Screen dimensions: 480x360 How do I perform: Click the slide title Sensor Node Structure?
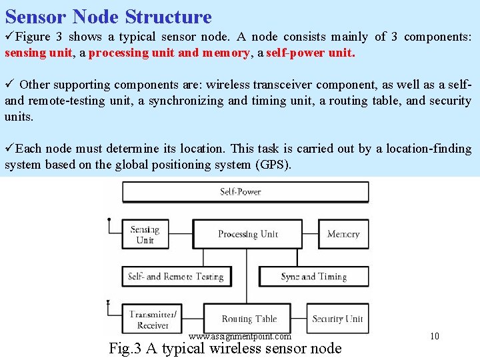(108, 17)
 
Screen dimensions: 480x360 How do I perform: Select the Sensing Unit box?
(145, 235)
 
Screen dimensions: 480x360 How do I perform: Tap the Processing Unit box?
(247, 234)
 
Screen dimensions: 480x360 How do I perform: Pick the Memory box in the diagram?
(343, 234)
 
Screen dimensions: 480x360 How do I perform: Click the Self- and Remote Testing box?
(175, 276)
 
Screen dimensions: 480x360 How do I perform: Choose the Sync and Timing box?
(313, 276)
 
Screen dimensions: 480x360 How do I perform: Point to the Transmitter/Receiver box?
(153, 319)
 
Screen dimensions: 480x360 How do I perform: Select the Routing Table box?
(249, 319)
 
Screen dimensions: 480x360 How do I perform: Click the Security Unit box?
(337, 319)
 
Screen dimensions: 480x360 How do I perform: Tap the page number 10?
(435, 336)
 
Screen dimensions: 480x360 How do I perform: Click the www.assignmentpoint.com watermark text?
(240, 337)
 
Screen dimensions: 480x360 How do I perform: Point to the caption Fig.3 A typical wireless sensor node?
(225, 348)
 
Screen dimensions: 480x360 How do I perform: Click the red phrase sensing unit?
(38, 53)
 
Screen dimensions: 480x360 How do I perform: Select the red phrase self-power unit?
(310, 53)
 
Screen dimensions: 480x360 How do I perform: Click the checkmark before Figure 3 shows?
(9, 37)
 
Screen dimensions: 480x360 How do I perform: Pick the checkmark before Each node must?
(9, 149)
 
